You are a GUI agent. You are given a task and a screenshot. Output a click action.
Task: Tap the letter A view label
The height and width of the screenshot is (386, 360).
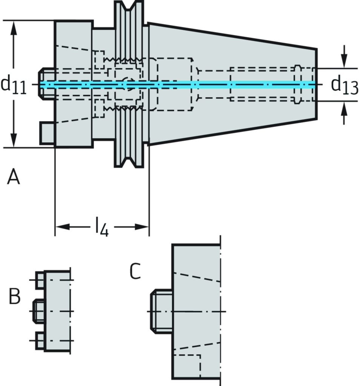[x=14, y=177]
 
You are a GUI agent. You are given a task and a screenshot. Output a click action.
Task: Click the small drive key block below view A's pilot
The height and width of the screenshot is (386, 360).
[x=47, y=133]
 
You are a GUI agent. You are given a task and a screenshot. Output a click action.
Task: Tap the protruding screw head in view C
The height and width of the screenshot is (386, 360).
[x=161, y=311]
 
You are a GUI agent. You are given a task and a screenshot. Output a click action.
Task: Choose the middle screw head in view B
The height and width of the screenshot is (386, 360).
[x=38, y=311]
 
